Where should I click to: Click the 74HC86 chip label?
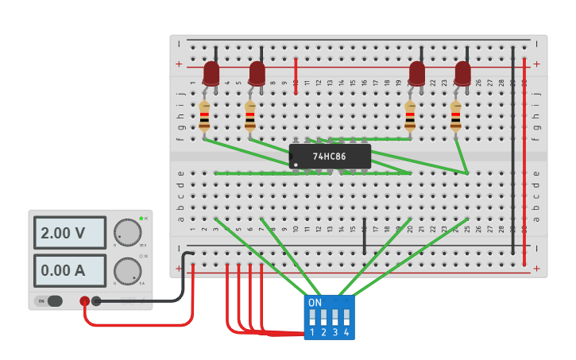click(x=329, y=157)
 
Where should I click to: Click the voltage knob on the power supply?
click(x=127, y=232)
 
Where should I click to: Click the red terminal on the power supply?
click(x=84, y=301)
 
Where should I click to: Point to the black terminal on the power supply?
click(x=96, y=301)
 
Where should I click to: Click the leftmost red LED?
click(x=211, y=73)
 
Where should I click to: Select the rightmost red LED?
click(x=462, y=73)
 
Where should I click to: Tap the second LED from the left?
click(x=257, y=73)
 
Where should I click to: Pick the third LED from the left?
click(x=416, y=73)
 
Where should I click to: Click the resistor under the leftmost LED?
click(x=204, y=116)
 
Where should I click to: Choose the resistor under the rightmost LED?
click(x=455, y=116)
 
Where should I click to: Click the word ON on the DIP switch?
click(x=315, y=303)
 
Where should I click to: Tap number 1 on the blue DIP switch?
click(x=312, y=332)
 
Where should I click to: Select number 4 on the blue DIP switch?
click(x=346, y=332)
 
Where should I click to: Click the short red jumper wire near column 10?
click(x=296, y=75)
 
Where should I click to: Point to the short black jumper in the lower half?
click(x=364, y=237)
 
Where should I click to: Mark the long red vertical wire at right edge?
click(x=524, y=159)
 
